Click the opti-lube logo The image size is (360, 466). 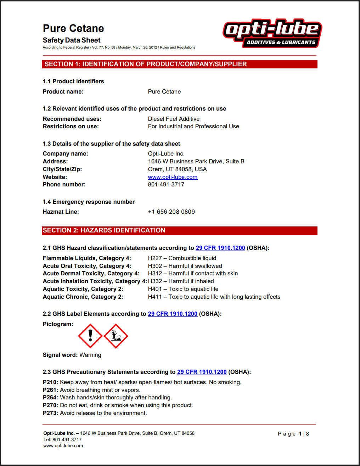pos(272,33)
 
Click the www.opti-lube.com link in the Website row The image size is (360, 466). pos(173,177)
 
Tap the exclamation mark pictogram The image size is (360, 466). pos(90,336)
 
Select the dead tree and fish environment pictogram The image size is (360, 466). pos(116,336)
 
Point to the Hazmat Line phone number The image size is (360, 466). pos(171,212)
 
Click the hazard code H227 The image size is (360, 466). pos(155,258)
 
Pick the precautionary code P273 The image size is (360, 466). pos(50,413)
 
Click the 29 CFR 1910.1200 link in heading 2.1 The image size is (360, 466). pos(220,248)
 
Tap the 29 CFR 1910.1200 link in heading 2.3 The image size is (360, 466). pos(202,372)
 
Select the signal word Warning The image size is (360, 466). pos(90,355)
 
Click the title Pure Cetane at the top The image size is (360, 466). pos(73,28)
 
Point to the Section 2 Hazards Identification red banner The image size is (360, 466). pos(180,230)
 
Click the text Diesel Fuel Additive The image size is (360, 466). pos(174,119)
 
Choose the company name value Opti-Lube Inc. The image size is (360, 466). pos(166,153)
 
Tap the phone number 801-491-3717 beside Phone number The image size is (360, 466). pos(166,184)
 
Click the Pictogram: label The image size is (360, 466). pos(58,324)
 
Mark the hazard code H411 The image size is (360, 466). pos(155,297)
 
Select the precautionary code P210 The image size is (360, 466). pos(50,382)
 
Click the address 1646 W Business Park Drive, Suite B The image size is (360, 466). pos(196,161)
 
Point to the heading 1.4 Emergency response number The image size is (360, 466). pos(89,202)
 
